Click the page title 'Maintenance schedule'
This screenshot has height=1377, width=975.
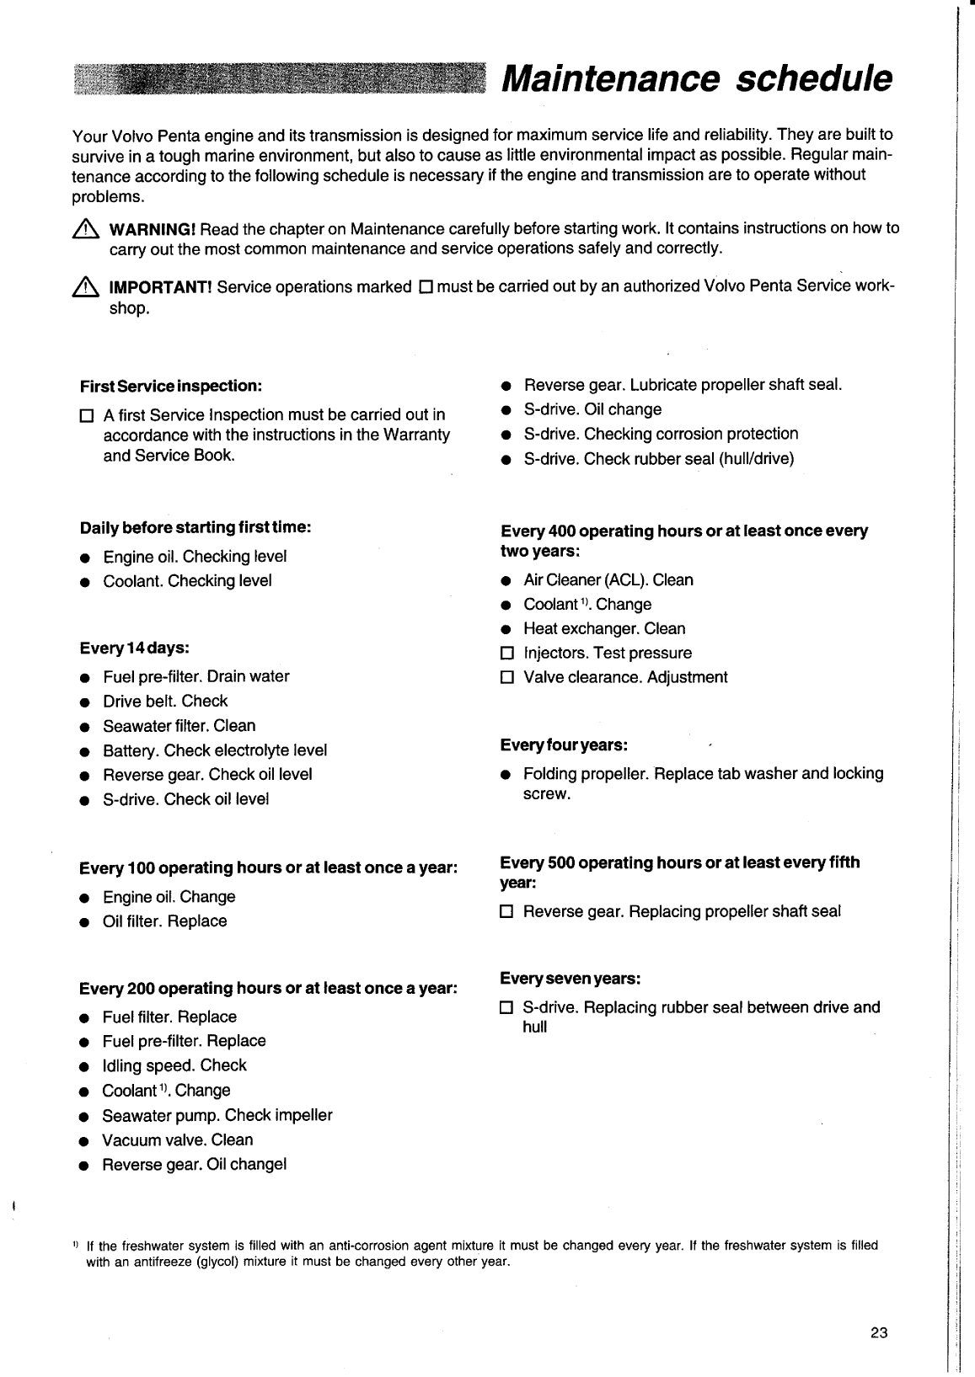coord(696,78)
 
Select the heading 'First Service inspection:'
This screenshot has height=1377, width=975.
coord(171,386)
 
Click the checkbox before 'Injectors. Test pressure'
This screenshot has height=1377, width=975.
coord(506,654)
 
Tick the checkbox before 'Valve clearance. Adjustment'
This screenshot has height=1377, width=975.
coord(506,678)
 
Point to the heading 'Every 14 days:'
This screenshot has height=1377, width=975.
coord(134,648)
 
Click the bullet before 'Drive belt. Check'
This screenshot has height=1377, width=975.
coord(85,702)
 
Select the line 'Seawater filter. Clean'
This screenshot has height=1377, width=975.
coord(179,726)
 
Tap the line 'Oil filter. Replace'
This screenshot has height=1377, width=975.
coord(164,921)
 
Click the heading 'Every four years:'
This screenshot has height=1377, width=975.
coord(564,745)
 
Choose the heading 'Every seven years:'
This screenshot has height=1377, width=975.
coord(571,979)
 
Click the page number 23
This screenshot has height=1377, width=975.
coord(879,1333)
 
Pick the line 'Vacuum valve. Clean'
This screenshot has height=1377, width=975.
coord(177,1140)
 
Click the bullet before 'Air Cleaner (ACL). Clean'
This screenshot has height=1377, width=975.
coord(506,581)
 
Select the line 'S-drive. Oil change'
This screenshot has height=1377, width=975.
coord(592,409)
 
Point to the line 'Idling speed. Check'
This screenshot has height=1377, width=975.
coord(174,1065)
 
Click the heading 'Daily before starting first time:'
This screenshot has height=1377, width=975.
coord(196,527)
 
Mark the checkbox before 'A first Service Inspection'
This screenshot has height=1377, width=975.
coord(85,416)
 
